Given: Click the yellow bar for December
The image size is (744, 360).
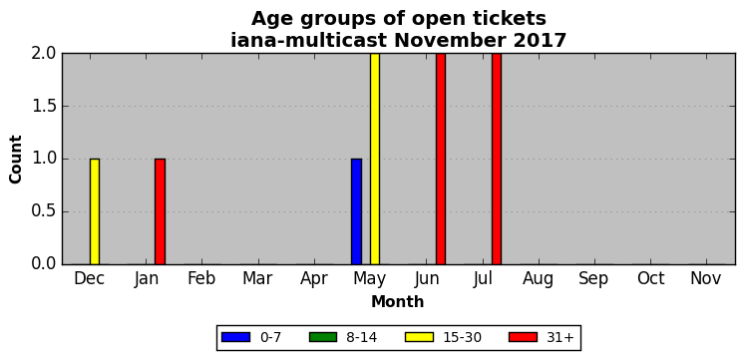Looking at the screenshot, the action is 95,211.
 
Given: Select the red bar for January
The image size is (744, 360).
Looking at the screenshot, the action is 160,211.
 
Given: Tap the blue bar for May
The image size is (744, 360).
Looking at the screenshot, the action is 356,211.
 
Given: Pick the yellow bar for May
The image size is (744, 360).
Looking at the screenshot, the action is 375,159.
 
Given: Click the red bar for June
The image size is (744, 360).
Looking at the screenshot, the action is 441,159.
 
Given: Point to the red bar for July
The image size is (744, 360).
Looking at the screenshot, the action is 497,159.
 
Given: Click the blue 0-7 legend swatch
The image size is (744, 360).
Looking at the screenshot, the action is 235,337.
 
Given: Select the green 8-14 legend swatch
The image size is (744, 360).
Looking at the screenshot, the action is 323,337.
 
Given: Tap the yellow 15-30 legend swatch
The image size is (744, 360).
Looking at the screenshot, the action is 419,337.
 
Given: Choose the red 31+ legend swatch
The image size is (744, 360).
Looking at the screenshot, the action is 523,337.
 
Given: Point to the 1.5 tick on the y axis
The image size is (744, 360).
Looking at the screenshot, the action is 44,107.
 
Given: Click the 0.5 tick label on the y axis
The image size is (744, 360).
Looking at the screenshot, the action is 44,211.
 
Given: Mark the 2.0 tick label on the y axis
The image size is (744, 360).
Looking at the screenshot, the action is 44,54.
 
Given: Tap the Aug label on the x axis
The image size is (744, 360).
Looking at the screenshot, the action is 539,279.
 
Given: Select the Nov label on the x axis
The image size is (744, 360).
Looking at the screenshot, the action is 706,279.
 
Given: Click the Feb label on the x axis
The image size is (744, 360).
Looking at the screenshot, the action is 201,279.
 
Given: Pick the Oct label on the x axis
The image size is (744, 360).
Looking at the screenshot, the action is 650,279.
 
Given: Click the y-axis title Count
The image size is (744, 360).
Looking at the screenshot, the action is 16,159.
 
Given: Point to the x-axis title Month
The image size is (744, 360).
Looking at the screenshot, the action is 398,301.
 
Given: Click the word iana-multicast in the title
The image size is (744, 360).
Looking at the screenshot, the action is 308,40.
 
